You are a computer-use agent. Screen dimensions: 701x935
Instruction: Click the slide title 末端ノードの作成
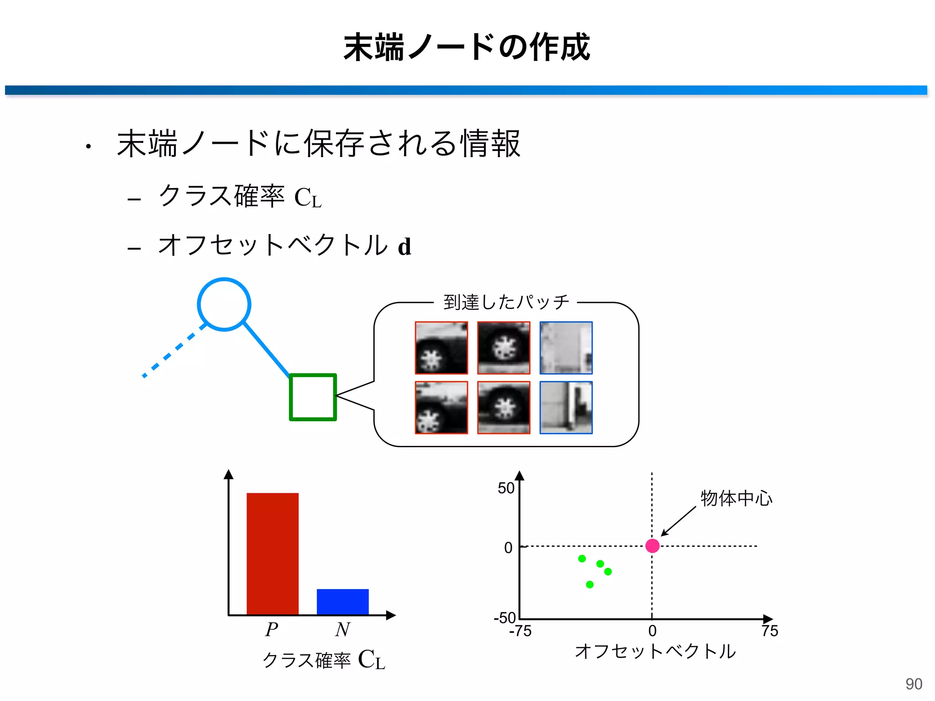[467, 47]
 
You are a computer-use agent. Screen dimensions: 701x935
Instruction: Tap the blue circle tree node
[224, 304]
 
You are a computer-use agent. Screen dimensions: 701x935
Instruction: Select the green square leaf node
[313, 397]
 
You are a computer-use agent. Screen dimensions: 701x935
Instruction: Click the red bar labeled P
[273, 554]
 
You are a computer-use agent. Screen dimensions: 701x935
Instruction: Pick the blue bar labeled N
[342, 602]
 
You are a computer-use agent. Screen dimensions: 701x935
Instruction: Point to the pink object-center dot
[652, 545]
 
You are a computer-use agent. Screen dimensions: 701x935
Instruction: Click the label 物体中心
[736, 498]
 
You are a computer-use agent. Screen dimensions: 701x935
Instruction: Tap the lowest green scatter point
[589, 584]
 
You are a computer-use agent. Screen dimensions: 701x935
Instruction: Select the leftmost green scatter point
[582, 558]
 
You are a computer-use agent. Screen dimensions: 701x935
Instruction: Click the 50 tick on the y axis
[506, 488]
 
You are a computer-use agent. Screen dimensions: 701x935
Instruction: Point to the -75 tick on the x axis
[520, 631]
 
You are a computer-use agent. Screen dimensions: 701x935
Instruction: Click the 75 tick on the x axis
[770, 631]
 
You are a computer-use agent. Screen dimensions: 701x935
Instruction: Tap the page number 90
[914, 684]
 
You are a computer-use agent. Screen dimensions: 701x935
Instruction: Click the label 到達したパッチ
[506, 302]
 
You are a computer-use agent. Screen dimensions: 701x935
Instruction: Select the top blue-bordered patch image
[566, 348]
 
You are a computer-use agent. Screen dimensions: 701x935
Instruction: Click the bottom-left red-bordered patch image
[441, 407]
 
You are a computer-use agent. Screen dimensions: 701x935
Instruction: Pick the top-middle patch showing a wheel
[504, 348]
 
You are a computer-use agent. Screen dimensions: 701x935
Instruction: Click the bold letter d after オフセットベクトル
[404, 247]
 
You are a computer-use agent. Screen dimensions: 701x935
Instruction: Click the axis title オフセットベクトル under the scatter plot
[655, 651]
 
